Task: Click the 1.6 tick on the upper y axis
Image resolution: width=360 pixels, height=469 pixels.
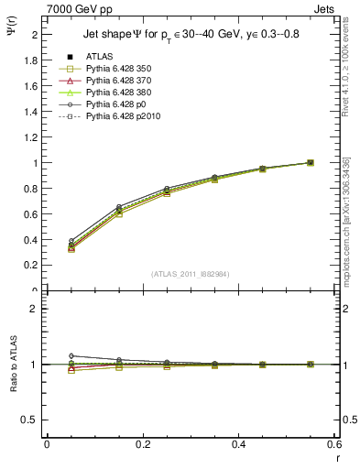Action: click(x=32, y=86)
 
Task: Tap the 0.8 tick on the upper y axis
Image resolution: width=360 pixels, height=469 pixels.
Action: click(x=32, y=189)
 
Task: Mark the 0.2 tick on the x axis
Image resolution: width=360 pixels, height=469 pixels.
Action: click(x=142, y=443)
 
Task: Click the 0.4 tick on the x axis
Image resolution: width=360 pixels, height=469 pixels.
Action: click(x=238, y=443)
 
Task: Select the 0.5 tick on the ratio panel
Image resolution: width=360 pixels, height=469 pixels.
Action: click(x=32, y=420)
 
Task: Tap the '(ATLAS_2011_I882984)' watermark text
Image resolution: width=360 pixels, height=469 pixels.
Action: click(x=190, y=274)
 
